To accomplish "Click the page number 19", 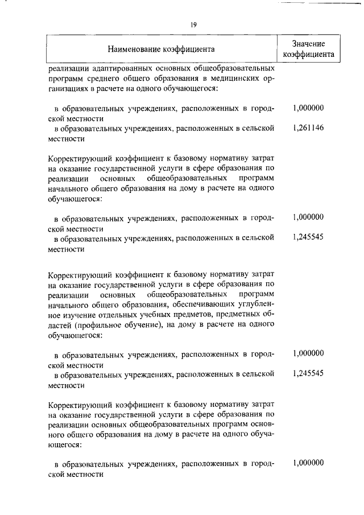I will (193, 24).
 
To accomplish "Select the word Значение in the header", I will (308, 44).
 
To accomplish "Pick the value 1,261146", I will (308, 128).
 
